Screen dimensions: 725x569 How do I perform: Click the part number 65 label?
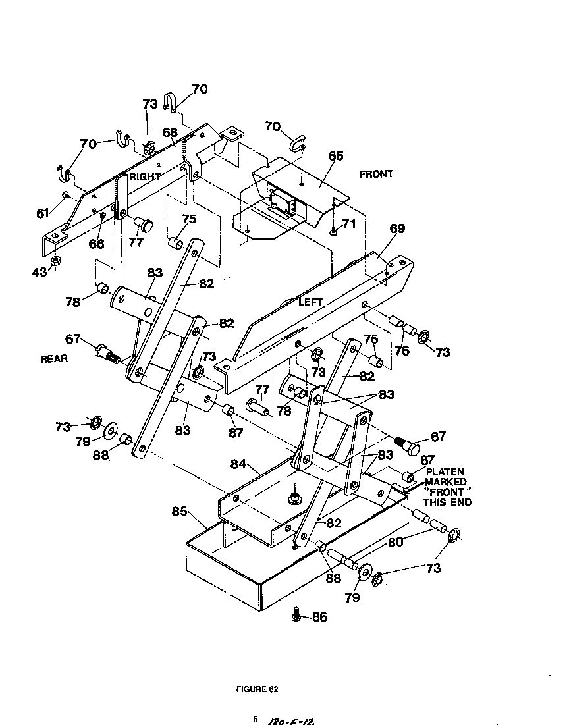336,156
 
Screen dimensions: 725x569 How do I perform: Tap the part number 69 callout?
397,228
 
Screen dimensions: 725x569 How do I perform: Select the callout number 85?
180,511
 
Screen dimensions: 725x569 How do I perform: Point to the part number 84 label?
238,465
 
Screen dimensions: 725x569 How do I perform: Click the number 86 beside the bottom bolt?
319,617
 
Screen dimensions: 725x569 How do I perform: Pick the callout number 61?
43,212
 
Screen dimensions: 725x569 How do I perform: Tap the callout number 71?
348,224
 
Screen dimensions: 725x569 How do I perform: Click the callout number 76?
402,351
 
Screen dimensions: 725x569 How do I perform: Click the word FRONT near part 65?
376,174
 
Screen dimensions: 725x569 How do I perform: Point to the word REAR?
54,359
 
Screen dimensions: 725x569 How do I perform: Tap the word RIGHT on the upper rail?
145,177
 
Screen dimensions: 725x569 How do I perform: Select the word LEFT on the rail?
311,302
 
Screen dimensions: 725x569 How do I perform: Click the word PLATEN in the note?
445,472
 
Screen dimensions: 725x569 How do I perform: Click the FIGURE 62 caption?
257,689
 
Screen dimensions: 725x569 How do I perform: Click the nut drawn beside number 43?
57,261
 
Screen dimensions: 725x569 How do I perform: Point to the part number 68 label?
171,132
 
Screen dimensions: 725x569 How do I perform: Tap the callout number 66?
96,244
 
